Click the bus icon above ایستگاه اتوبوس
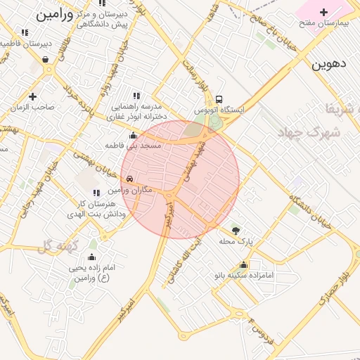pyautogui.click(x=219, y=99)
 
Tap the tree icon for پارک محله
pyautogui.click(x=236, y=230)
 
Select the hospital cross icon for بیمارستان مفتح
pyautogui.click(x=323, y=11)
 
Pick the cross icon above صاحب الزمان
pyautogui.click(x=32, y=96)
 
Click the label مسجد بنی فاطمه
pyautogui.click(x=134, y=146)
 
